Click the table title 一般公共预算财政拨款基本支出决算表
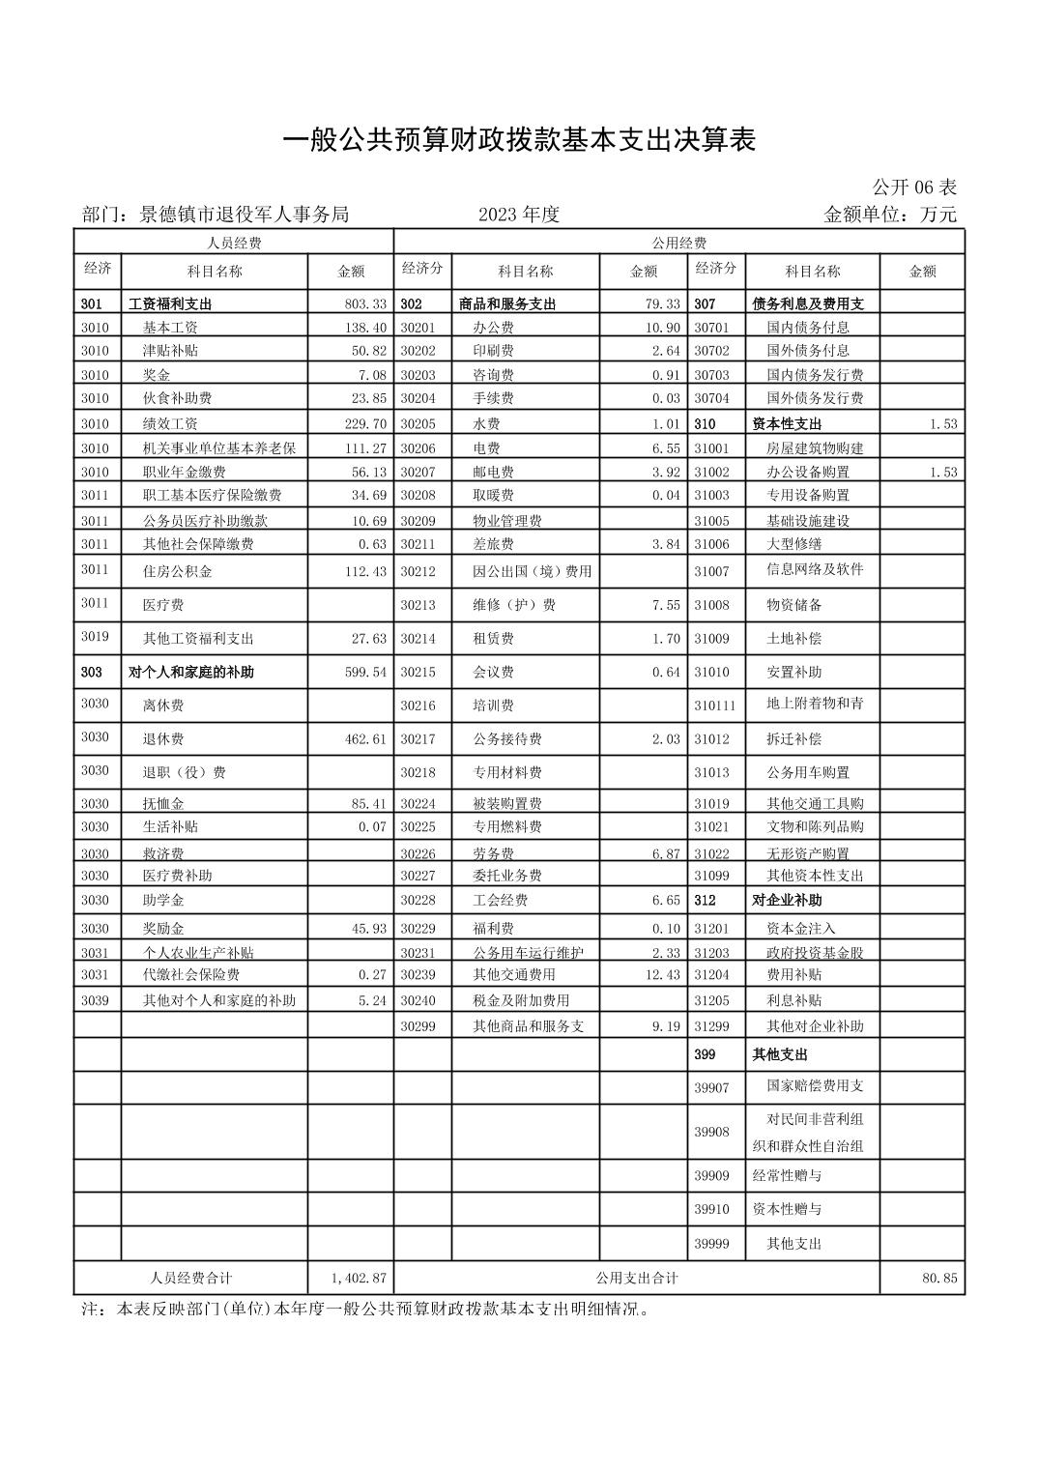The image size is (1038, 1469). (518, 141)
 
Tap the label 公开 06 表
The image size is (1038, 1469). (913, 187)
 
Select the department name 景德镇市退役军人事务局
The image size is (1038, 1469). (244, 215)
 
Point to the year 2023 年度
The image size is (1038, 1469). (519, 215)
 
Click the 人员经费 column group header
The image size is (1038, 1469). (234, 243)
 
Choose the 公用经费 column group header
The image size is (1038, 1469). (678, 243)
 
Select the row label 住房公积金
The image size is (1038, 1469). (178, 571)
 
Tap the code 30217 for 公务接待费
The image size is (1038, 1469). (418, 739)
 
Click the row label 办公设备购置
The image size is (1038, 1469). (808, 472)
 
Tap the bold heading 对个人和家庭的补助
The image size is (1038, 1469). (191, 672)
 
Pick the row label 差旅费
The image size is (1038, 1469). (493, 544)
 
